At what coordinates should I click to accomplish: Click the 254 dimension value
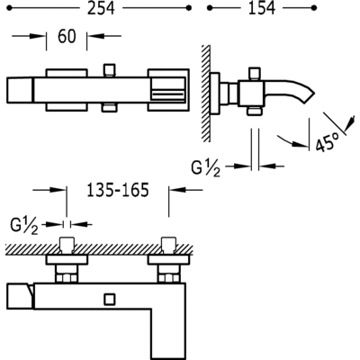[101, 8]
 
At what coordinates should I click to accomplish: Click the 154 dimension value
[262, 8]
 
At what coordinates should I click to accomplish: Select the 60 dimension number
[67, 37]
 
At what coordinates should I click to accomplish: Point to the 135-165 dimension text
[118, 190]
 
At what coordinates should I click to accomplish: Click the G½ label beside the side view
[206, 168]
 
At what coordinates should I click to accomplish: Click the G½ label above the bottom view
[24, 226]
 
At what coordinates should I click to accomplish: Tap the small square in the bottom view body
[109, 300]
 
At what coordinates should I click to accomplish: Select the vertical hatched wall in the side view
[206, 94]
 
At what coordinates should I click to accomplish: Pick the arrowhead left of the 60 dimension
[38, 36]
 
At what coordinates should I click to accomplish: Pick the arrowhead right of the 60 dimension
[95, 36]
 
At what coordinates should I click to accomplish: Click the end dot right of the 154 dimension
[314, 8]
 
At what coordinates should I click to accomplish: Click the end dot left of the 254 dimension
[9, 8]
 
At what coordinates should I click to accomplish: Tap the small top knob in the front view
[109, 69]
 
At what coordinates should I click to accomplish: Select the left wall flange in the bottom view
[67, 260]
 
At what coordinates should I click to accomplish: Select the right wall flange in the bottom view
[168, 260]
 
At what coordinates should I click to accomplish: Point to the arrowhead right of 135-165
[177, 190]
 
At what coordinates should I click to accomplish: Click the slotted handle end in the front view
[168, 90]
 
